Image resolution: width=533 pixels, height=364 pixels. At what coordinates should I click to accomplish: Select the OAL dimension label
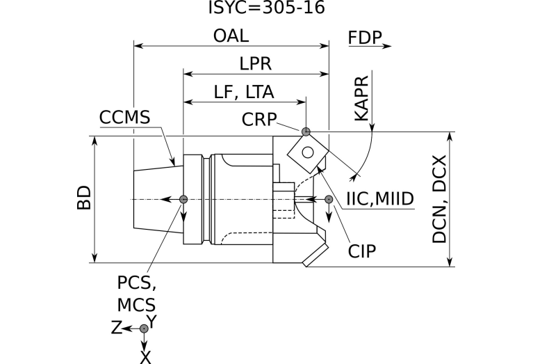pyautogui.click(x=231, y=36)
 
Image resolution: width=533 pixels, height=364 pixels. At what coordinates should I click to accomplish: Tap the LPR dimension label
pyautogui.click(x=255, y=64)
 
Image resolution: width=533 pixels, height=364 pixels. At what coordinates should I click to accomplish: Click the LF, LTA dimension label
pyautogui.click(x=243, y=92)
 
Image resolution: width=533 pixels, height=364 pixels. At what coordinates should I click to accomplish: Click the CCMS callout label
pyautogui.click(x=124, y=118)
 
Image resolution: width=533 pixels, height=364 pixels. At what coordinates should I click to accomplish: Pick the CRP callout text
pyautogui.click(x=259, y=119)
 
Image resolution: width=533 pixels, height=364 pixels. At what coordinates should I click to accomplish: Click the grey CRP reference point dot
pyautogui.click(x=306, y=131)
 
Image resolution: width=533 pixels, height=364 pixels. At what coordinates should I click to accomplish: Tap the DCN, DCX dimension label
pyautogui.click(x=439, y=199)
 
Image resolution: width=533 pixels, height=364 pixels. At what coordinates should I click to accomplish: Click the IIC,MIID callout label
pyautogui.click(x=379, y=200)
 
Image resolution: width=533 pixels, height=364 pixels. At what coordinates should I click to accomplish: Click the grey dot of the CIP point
pyautogui.click(x=329, y=200)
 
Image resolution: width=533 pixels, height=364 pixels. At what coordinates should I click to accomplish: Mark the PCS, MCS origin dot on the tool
pyautogui.click(x=183, y=200)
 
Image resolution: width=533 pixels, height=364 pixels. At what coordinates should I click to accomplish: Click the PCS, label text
pyautogui.click(x=136, y=283)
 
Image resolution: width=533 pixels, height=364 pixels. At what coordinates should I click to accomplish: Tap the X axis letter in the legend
pyautogui.click(x=145, y=357)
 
